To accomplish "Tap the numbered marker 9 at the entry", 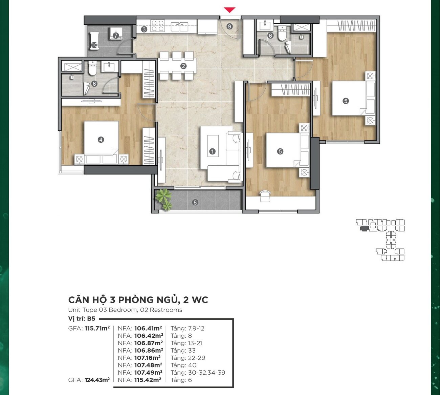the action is pos(229,26).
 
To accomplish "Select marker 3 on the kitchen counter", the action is pos(144,29).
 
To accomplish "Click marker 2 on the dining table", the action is pos(183,66).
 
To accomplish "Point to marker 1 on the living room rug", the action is pos(212,151).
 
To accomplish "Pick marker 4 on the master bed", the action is pos(101,140).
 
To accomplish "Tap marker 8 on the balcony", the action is pos(195,202).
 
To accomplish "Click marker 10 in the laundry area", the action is pos(94,45).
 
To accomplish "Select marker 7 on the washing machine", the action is pos(116,36).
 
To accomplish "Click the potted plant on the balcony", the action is pos(164,199).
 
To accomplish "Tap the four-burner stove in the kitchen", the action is pos(157,26).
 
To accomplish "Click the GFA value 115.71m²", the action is pos(97,328).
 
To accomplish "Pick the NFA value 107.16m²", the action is pos(148,358).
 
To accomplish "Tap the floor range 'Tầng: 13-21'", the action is pos(186,343).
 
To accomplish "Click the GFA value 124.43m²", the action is pos(97,380).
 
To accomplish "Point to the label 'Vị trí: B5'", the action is pos(82,319).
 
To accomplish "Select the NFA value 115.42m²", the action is pos(148,380).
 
